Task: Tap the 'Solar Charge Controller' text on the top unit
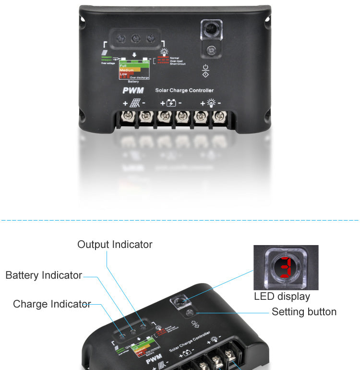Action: point(184,90)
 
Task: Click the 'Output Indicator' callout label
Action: point(115,245)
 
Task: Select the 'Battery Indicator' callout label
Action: point(44,275)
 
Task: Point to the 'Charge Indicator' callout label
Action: point(52,304)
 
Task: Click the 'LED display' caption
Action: point(282,296)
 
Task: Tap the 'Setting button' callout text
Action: point(304,312)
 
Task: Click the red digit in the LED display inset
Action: point(286,267)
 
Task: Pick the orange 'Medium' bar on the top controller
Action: point(129,70)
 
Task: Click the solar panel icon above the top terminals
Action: point(135,103)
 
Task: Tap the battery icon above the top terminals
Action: point(171,103)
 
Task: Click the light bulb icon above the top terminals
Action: point(210,103)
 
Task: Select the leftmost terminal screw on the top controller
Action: point(128,116)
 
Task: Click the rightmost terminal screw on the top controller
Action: point(219,116)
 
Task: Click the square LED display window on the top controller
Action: point(211,30)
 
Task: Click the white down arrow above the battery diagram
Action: point(134,54)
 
